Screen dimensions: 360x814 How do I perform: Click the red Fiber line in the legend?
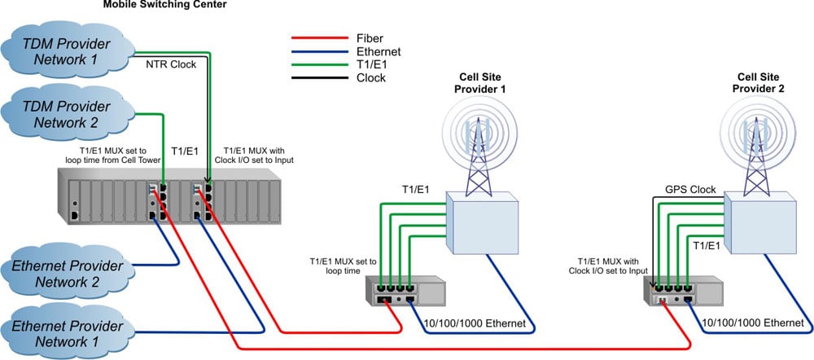(321, 37)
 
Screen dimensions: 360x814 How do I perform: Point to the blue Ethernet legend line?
(321, 51)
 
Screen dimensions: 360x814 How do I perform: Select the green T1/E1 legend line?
(321, 65)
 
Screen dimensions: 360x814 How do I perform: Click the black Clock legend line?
(321, 78)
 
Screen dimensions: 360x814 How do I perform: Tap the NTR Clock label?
(171, 64)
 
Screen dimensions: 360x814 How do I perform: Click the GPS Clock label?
(690, 189)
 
